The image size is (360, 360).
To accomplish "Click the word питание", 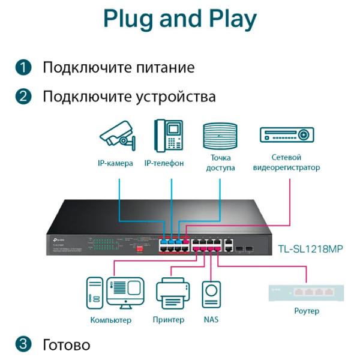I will tap(166, 68).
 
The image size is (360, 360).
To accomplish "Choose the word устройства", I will tap(178, 97).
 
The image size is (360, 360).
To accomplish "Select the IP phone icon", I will tap(167, 136).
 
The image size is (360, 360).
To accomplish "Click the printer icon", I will tap(173, 294).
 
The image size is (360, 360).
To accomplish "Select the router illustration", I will tap(307, 293).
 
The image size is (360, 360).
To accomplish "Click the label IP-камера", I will tap(115, 163).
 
